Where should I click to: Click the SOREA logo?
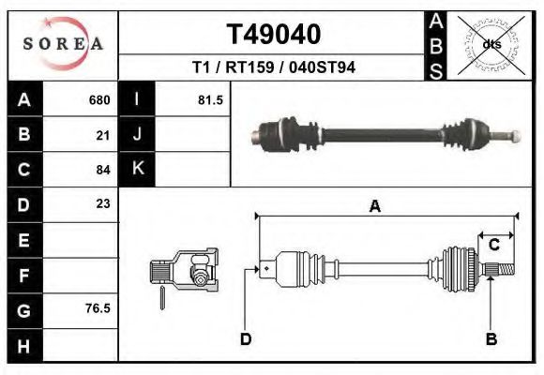(x=63, y=44)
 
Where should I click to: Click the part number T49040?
(x=274, y=35)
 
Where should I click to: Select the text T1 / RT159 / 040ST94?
(x=274, y=67)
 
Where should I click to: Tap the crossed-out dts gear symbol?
(x=491, y=43)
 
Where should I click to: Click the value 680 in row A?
(x=98, y=100)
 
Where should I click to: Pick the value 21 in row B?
(x=103, y=135)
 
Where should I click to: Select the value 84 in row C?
(x=103, y=170)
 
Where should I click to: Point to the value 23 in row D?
(x=103, y=203)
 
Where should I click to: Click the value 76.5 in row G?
(x=98, y=307)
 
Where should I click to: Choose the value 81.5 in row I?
(x=210, y=100)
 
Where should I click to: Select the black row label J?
(x=137, y=135)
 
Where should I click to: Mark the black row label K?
(x=137, y=170)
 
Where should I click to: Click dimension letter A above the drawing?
(x=374, y=207)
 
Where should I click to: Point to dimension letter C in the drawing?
(x=493, y=245)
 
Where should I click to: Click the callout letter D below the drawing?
(x=246, y=339)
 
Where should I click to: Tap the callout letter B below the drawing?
(x=491, y=339)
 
